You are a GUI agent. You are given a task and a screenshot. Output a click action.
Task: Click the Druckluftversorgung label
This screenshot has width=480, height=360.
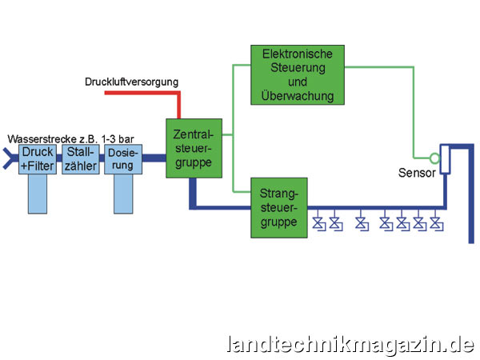pyautogui.click(x=131, y=82)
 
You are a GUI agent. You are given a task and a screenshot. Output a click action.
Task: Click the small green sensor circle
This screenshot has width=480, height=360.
pyautogui.click(x=434, y=157)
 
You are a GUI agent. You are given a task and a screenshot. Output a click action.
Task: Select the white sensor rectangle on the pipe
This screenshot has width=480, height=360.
pyautogui.click(x=446, y=160)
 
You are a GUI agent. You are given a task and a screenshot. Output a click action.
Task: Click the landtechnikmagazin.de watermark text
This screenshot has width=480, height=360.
pyautogui.click(x=351, y=344)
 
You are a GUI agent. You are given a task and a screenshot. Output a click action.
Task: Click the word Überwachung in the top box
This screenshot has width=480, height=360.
pyautogui.click(x=297, y=96)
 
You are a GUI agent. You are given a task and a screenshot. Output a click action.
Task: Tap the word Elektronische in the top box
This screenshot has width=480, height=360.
pyautogui.click(x=297, y=54)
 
